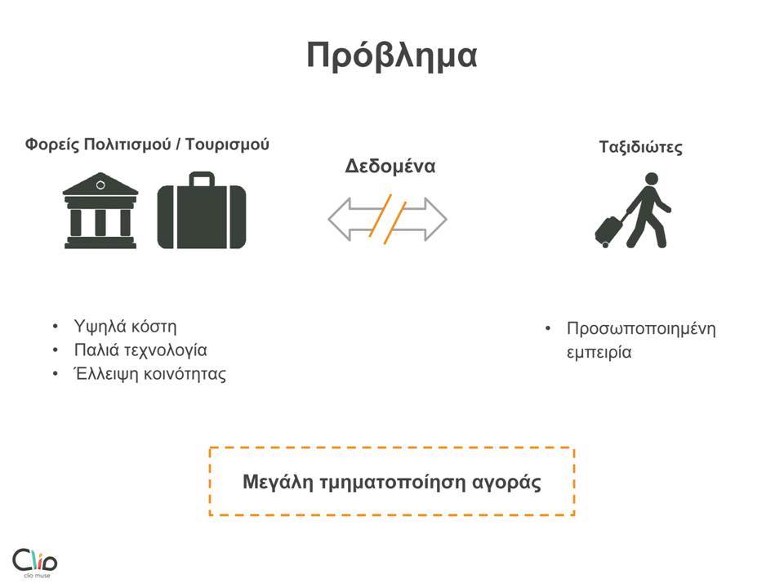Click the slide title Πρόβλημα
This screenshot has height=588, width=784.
coord(391,55)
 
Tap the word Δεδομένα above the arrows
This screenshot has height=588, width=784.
coord(390,166)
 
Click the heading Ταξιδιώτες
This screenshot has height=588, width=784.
coord(640,147)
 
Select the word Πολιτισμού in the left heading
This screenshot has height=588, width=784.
coord(127,145)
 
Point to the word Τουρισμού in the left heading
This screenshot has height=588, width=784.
coord(228,145)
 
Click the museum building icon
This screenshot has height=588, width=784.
coord(100,211)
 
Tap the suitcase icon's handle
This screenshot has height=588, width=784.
coord(202,179)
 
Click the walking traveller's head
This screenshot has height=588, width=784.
coord(652,180)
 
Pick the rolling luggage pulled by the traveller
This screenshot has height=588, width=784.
coord(609,231)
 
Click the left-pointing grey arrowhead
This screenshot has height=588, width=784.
coord(340,219)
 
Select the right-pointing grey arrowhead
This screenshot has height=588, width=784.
coord(435,219)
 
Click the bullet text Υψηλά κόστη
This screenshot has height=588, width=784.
coord(125,327)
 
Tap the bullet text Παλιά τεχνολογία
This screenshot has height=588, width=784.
coord(140,350)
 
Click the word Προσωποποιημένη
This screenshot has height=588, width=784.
coord(641,329)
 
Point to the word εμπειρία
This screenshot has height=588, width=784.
coord(599,353)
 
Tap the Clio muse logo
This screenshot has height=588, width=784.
coord(34,563)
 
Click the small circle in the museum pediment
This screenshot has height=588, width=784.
coord(100,185)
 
